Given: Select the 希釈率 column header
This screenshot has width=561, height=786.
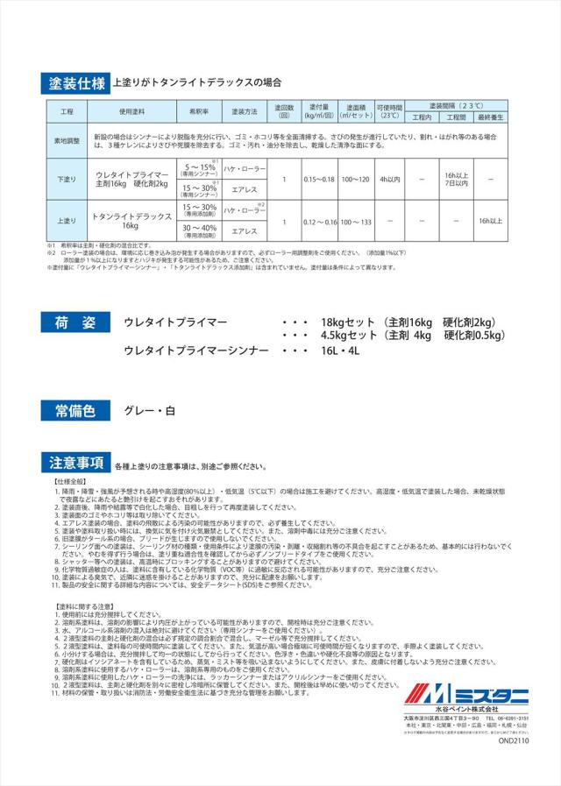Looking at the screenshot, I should (193, 113).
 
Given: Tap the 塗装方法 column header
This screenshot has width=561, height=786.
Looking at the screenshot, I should (245, 113).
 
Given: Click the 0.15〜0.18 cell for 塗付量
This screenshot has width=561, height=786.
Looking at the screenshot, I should (318, 179).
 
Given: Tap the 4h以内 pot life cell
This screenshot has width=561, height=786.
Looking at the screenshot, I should (389, 179).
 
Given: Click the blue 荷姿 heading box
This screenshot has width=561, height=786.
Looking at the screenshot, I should (75, 323).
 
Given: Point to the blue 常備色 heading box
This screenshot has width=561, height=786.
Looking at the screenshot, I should (75, 409).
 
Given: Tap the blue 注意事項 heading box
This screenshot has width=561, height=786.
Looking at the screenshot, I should (75, 465).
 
